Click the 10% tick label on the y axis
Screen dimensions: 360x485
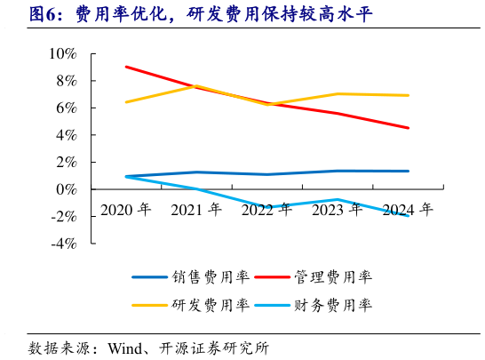pyautogui.click(x=62, y=53)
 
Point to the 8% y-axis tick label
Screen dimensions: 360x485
pyautogui.click(x=66, y=81)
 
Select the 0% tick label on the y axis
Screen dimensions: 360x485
pyautogui.click(x=66, y=189)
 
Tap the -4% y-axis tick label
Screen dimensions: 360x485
pyautogui.click(x=63, y=244)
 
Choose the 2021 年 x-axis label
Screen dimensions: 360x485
pyautogui.click(x=196, y=210)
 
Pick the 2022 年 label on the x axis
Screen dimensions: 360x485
pyautogui.click(x=266, y=210)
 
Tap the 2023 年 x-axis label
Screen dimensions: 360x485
pyautogui.click(x=337, y=210)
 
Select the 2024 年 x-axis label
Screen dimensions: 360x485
pyautogui.click(x=407, y=210)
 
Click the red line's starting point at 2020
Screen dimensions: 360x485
pyautogui.click(x=126, y=67)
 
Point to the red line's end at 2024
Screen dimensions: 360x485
pyautogui.click(x=408, y=128)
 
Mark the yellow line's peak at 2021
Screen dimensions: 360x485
pyautogui.click(x=196, y=86)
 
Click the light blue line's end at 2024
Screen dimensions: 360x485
pyautogui.click(x=408, y=215)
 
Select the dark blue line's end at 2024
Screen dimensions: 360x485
pyautogui.click(x=408, y=171)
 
